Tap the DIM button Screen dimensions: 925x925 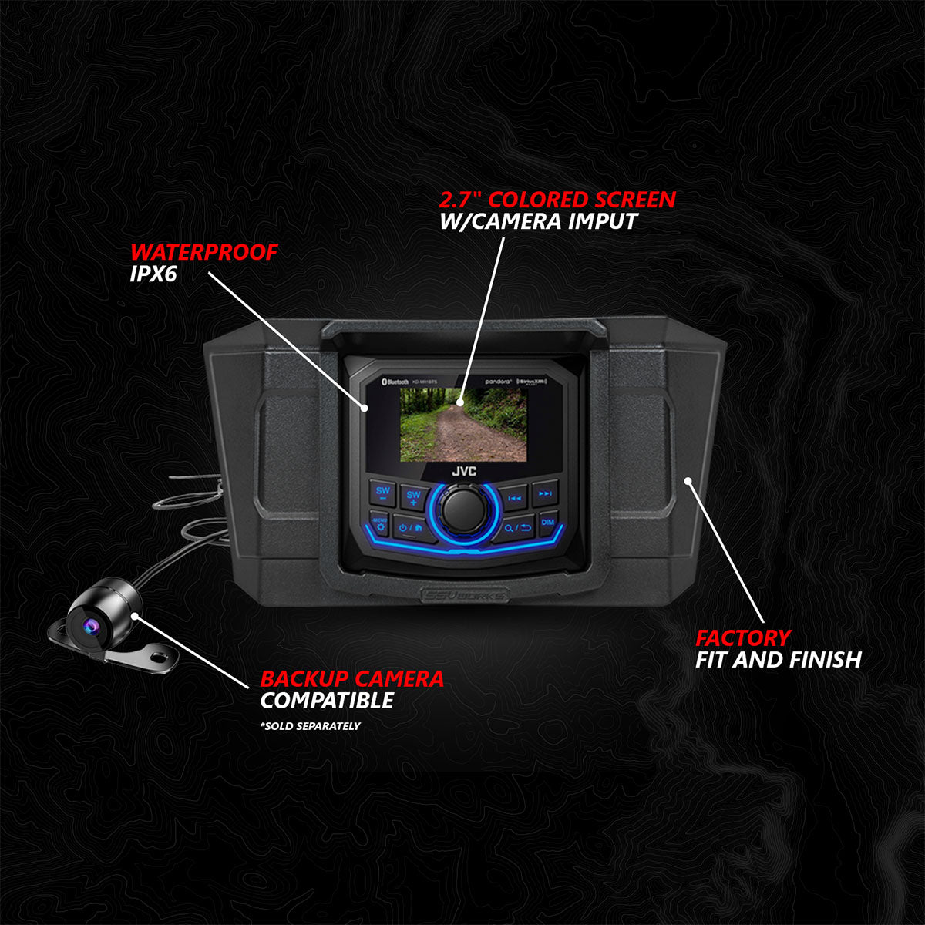point(547,522)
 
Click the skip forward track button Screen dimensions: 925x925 point(545,493)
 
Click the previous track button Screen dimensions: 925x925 point(514,497)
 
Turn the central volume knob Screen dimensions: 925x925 point(462,508)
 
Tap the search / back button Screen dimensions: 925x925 point(516,528)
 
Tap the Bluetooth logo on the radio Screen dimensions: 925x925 point(396,382)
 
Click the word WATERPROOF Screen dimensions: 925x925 point(203,252)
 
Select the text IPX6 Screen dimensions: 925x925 point(153,274)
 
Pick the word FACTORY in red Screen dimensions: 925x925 point(742,637)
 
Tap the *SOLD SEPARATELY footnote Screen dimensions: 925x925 point(310,726)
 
